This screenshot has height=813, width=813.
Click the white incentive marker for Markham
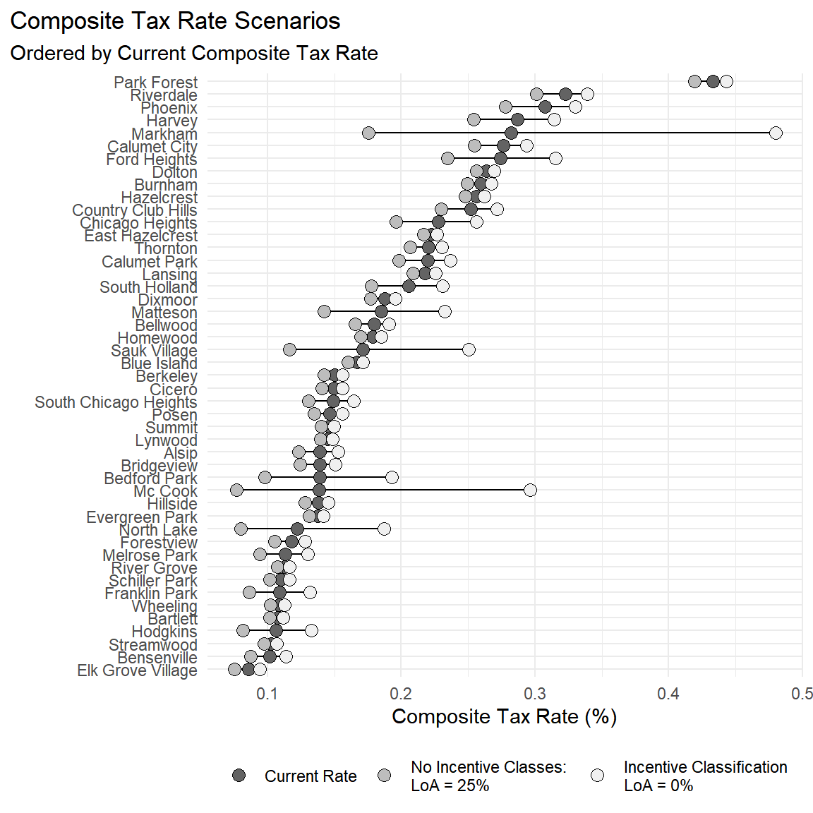(x=776, y=133)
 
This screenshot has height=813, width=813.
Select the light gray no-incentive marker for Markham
(x=368, y=133)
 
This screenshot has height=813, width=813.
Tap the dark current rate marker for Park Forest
(x=713, y=81)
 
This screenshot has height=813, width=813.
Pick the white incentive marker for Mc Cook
(x=530, y=490)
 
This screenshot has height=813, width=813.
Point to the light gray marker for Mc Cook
(x=236, y=490)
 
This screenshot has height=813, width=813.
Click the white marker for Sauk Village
(x=469, y=349)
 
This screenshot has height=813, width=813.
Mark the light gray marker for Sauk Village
(x=289, y=349)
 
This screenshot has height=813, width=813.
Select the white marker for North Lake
(x=384, y=529)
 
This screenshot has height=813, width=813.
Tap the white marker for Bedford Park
(x=392, y=477)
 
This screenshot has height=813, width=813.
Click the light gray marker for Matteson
(x=324, y=311)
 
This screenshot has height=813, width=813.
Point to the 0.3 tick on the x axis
(x=535, y=694)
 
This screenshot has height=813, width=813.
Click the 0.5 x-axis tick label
(x=802, y=694)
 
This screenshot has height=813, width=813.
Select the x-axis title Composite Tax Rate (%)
(x=504, y=717)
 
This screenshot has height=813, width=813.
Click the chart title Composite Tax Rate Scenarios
(x=175, y=21)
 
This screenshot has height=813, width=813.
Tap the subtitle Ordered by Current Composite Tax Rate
(x=194, y=54)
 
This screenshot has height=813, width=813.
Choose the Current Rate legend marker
(x=239, y=776)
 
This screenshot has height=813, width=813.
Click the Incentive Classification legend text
(x=705, y=776)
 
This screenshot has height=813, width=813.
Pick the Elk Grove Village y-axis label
(x=137, y=670)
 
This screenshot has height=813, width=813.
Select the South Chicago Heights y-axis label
(x=116, y=402)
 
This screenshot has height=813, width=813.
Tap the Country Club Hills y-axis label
(x=134, y=210)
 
